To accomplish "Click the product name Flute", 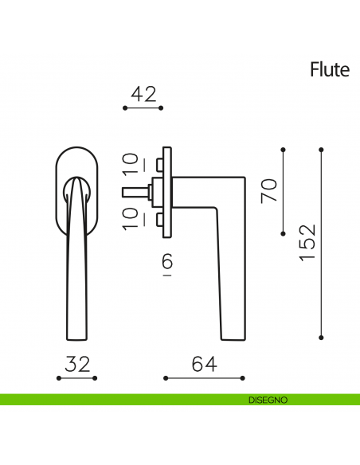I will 330,70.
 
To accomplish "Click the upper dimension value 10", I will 131,166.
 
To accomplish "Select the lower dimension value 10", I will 131,217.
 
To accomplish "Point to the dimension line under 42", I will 144,107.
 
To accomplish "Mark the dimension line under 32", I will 76,377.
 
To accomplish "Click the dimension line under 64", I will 203,377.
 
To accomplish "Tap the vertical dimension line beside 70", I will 284,191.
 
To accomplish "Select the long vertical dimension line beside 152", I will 322,242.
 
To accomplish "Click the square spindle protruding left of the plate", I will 136,192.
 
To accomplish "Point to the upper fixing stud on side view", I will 159,165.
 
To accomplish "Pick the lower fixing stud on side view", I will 159,218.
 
